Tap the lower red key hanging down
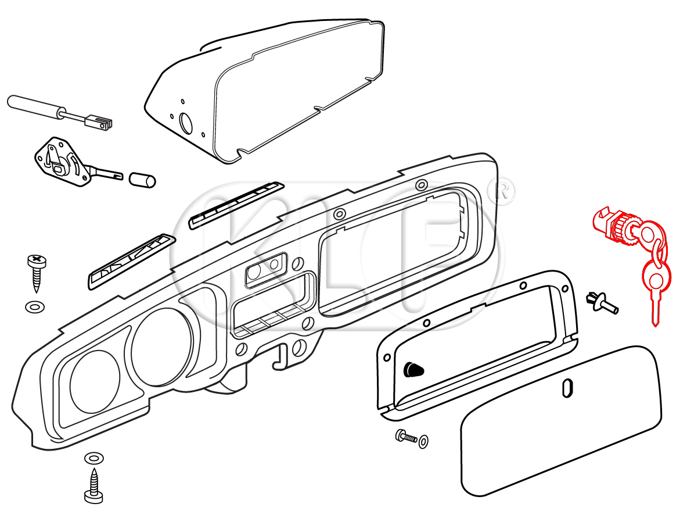click(655, 285)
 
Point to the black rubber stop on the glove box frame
click(413, 368)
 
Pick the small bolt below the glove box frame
click(407, 437)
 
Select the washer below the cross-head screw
click(35, 306)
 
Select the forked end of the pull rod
click(103, 123)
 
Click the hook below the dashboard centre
click(281, 356)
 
